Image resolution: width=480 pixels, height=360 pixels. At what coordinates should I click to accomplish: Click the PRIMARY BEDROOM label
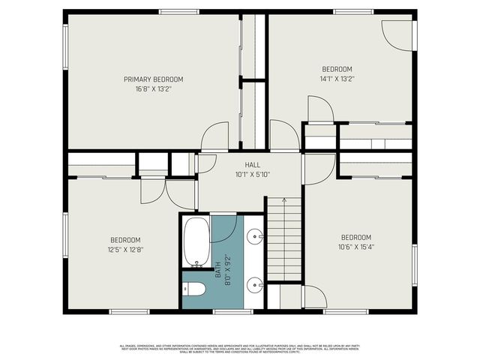coord(153,79)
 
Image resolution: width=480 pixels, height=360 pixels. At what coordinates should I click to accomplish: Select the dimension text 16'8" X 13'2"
coord(153,88)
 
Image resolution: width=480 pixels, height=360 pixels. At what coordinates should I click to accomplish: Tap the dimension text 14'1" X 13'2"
coord(337,78)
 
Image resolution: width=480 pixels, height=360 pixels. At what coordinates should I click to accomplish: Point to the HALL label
coord(252,165)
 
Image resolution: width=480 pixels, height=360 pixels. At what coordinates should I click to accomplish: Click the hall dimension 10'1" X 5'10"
coord(252,174)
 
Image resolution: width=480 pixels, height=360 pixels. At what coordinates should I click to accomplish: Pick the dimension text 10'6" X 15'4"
coord(355,247)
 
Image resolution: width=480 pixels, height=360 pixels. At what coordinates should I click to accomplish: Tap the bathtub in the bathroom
coord(196,242)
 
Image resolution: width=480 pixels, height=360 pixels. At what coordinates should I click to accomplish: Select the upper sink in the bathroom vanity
coord(256,235)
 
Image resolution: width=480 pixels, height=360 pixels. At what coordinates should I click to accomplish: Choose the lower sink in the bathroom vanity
coord(256,284)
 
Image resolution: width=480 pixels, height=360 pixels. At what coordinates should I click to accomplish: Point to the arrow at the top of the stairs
coord(284,201)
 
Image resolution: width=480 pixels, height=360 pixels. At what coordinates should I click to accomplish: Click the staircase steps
coord(284,240)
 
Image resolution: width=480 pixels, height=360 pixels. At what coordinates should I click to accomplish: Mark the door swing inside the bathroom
coord(225,229)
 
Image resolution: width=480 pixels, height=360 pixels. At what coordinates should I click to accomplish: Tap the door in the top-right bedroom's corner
coord(397,34)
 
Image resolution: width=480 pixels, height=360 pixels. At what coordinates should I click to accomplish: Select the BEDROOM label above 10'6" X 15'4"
coord(355,237)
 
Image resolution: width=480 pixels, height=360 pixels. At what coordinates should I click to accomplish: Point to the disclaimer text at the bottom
coord(240,348)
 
